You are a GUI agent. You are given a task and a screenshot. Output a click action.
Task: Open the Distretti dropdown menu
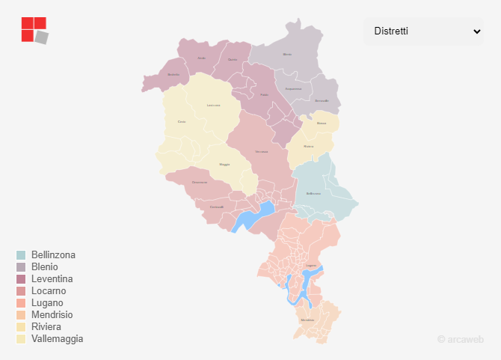(x=423, y=31)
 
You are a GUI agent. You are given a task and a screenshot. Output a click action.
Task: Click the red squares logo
(x=34, y=30)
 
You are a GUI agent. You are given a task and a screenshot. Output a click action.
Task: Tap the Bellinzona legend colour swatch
(x=21, y=255)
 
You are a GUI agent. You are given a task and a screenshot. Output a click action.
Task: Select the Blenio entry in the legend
(x=44, y=267)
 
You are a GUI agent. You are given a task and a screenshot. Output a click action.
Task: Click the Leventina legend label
(x=52, y=279)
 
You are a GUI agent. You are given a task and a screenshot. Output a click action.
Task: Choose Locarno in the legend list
(x=49, y=291)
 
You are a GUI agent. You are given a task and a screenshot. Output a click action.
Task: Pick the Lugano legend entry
(x=47, y=303)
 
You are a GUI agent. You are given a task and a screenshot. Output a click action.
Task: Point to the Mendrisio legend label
(x=52, y=315)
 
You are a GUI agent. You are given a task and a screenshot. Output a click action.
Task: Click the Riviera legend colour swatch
(x=21, y=327)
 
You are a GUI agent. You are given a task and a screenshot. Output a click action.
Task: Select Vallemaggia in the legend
(x=57, y=339)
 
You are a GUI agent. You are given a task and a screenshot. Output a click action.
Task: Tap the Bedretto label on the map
(x=173, y=74)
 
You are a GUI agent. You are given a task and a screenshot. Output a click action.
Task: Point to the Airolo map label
(x=201, y=58)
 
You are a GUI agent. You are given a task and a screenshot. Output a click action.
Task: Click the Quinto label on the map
(x=233, y=59)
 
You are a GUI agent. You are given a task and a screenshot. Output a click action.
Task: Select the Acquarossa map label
(x=293, y=88)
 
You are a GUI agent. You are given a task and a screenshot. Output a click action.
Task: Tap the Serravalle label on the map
(x=322, y=100)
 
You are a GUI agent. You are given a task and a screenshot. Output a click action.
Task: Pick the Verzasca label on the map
(x=261, y=152)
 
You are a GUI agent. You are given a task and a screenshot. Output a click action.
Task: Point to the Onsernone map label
(x=200, y=183)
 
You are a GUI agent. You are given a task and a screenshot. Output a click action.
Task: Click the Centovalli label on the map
(x=217, y=207)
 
